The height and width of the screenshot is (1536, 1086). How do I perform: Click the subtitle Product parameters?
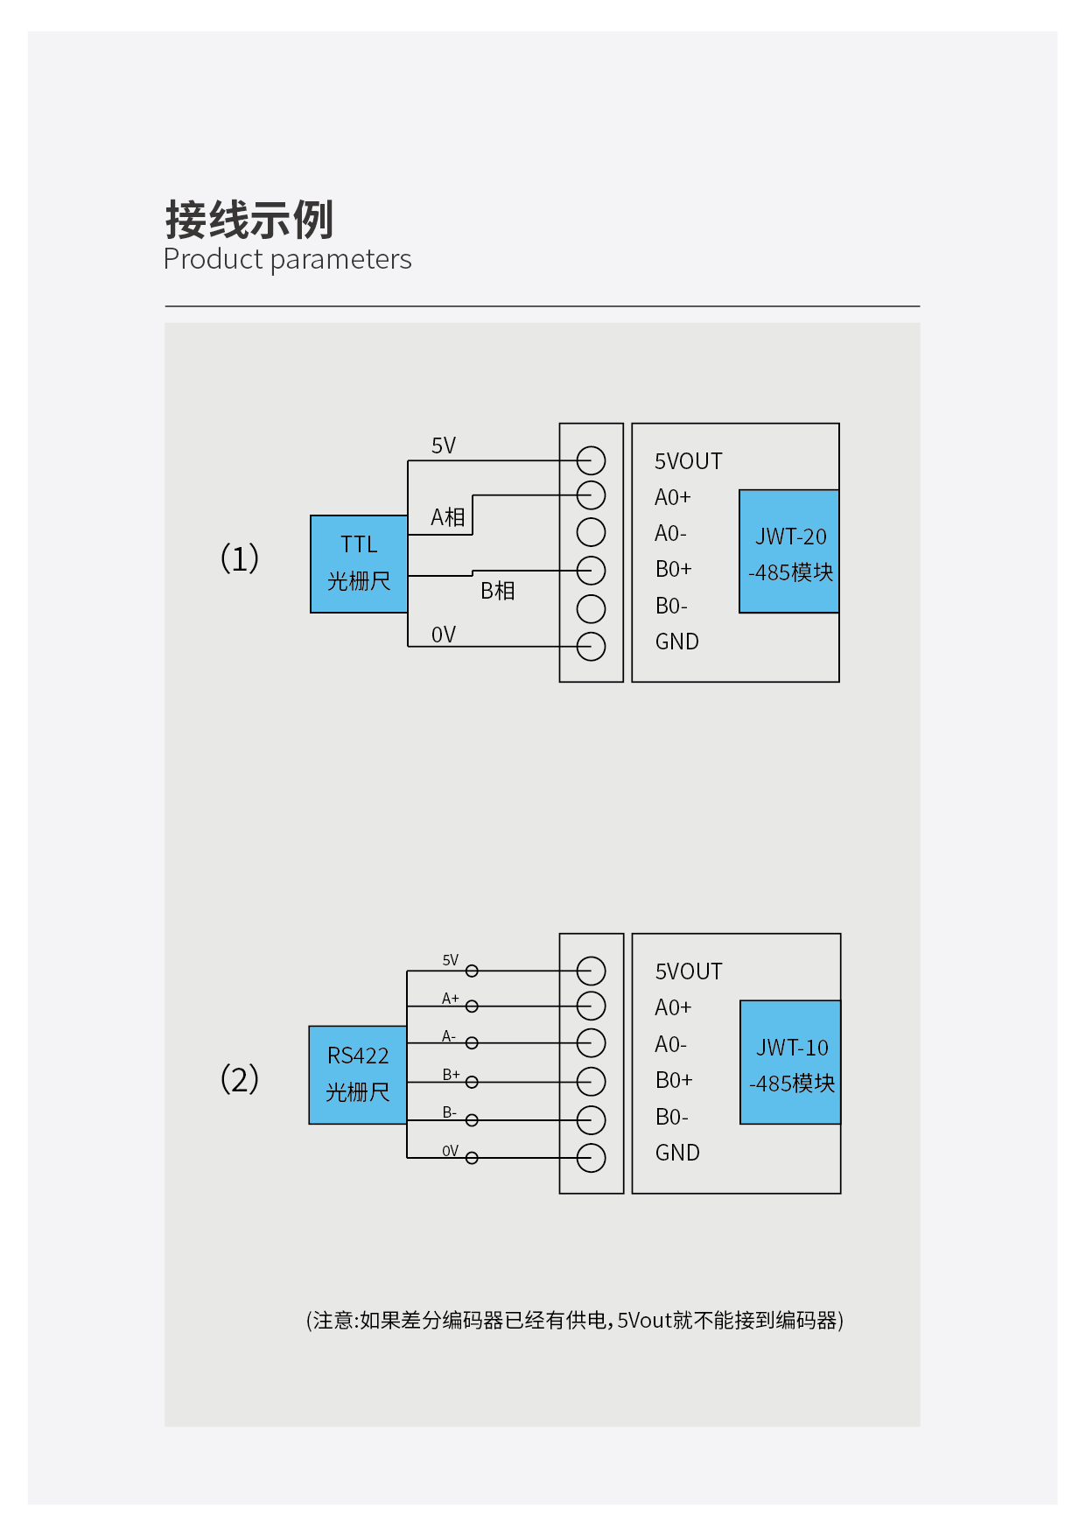coord(287,259)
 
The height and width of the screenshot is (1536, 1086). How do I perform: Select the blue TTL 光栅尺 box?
coord(359,564)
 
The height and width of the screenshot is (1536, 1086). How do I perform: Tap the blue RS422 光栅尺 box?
coord(358,1075)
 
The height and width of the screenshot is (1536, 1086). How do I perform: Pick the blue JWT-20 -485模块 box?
coord(789,551)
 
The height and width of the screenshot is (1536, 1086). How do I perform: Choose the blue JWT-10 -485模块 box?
coord(790,1063)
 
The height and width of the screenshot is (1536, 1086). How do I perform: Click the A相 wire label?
coord(447,517)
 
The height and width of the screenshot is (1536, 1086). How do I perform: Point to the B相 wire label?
coord(497,591)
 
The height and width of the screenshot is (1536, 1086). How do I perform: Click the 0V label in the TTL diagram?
coord(444,635)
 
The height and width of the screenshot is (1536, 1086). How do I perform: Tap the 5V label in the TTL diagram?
coord(444,445)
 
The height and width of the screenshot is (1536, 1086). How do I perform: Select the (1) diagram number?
coord(239,558)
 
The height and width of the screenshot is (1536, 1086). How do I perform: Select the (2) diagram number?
coord(239,1078)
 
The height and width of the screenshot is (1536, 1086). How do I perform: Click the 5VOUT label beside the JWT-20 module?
coord(688,461)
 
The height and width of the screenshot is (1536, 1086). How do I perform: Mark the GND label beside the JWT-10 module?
coord(677,1153)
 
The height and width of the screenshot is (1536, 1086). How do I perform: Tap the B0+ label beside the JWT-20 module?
coord(673,569)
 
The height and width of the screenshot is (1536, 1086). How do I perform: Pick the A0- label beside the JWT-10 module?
coord(670,1044)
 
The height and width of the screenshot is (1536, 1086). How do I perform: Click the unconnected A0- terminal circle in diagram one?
coord(592,532)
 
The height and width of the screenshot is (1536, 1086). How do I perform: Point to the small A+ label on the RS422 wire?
coord(450,999)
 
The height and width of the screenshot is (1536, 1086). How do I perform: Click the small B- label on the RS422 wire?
coord(449,1112)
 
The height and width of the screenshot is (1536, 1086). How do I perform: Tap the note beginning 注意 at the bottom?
coord(574,1320)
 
